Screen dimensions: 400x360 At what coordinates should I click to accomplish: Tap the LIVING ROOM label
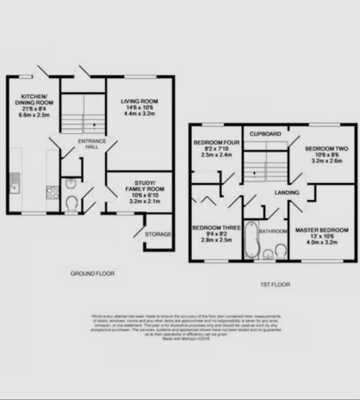139,101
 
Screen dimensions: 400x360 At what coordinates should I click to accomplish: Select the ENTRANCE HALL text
92,144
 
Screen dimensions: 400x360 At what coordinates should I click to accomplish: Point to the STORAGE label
158,234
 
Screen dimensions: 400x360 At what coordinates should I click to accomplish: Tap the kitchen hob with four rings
53,193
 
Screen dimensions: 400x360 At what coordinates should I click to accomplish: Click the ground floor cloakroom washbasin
71,183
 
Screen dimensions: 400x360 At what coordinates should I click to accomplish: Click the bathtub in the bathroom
251,240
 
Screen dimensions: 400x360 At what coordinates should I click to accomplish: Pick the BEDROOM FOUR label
216,143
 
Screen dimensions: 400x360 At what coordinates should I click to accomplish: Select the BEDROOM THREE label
216,228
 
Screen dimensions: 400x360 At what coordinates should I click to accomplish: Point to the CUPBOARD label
265,134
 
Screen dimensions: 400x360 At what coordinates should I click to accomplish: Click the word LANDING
287,193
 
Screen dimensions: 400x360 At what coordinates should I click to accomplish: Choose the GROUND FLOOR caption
92,273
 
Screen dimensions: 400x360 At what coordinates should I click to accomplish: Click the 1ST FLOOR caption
275,284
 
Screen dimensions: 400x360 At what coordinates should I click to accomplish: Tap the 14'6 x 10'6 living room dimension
139,107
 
